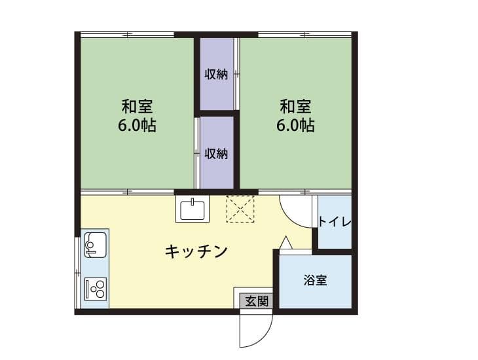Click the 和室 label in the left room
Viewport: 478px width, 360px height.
(x=138, y=106)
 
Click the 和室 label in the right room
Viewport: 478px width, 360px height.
(x=296, y=106)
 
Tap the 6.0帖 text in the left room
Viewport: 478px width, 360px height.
(x=138, y=126)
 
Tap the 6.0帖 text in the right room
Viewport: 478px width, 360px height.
(x=296, y=126)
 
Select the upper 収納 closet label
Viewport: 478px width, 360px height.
(x=217, y=74)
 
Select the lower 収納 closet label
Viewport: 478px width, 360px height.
(x=217, y=154)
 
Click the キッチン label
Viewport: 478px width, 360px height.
(x=196, y=251)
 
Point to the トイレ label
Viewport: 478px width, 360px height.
(x=335, y=222)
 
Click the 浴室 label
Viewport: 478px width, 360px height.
(x=316, y=281)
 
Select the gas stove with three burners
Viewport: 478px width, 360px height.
(x=96, y=288)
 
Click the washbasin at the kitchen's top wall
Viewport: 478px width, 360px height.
(x=192, y=209)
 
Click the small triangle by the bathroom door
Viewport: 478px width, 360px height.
(x=285, y=242)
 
